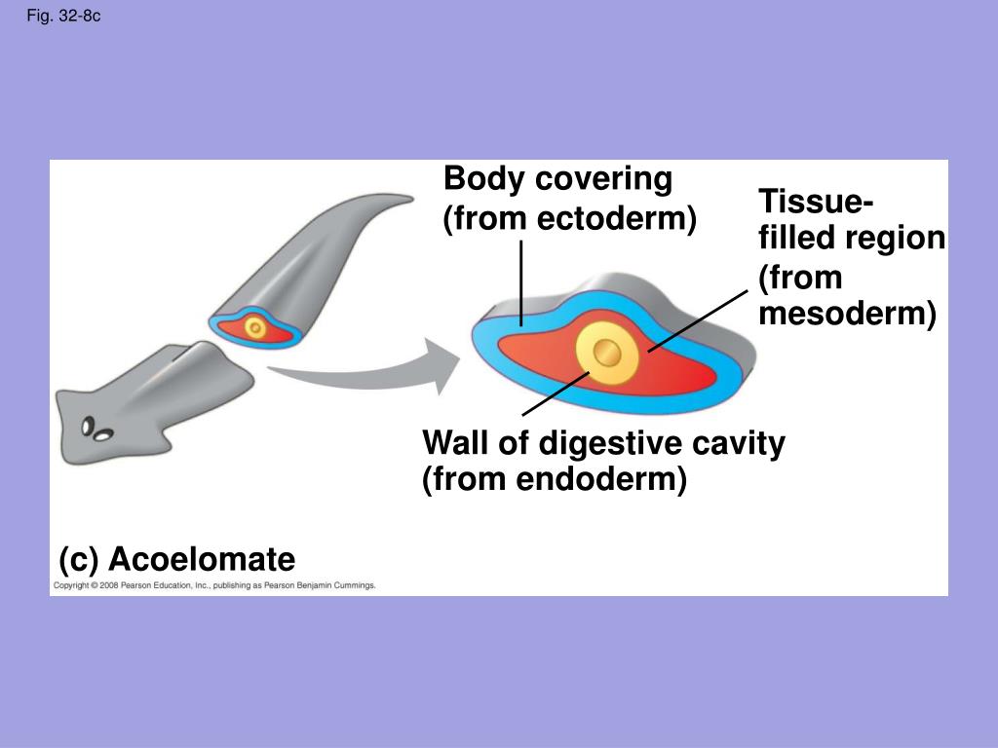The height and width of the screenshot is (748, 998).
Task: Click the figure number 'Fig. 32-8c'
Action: pyautogui.click(x=63, y=17)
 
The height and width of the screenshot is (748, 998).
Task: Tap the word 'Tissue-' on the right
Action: pyautogui.click(x=816, y=203)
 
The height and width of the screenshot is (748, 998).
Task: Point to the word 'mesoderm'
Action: pyautogui.click(x=845, y=314)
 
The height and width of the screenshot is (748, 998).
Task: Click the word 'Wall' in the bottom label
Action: pyautogui.click(x=455, y=444)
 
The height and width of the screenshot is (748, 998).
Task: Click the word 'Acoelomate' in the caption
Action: pyautogui.click(x=201, y=560)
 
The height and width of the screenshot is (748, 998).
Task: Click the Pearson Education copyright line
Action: pyautogui.click(x=214, y=586)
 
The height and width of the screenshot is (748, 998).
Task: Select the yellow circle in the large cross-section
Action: pyautogui.click(x=606, y=352)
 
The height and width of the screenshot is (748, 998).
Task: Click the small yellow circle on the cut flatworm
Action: pyautogui.click(x=255, y=328)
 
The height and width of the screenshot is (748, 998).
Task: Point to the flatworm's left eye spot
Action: pyautogui.click(x=88, y=426)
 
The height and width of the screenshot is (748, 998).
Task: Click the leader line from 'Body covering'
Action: pyautogui.click(x=521, y=282)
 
